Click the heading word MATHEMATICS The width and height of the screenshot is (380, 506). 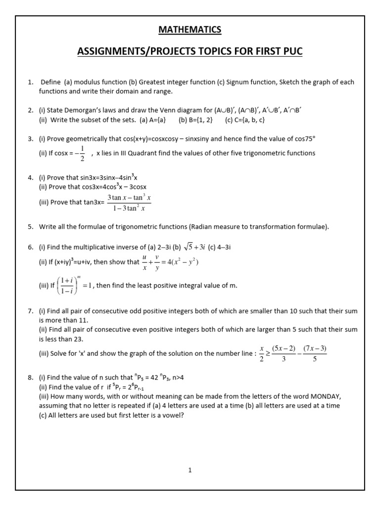(x=190, y=30)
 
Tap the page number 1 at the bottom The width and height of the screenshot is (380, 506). (x=190, y=470)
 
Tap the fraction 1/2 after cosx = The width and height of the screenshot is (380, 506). (x=82, y=153)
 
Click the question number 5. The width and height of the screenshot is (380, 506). (x=30, y=227)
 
